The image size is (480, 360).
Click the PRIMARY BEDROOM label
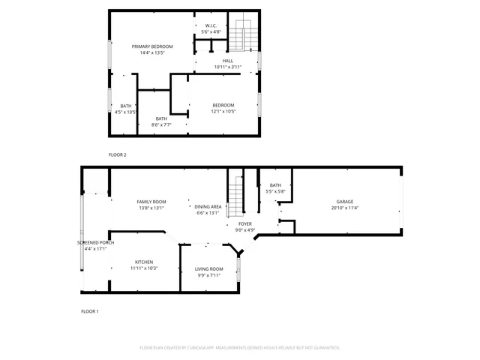point(147,46)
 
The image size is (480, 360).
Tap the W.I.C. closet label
point(211,25)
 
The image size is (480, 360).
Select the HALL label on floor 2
point(227,61)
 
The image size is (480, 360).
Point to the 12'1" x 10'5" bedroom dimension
point(223,112)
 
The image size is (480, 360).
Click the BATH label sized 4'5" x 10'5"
point(125,106)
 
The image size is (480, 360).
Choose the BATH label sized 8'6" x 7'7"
point(161,118)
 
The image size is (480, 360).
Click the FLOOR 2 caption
point(118,154)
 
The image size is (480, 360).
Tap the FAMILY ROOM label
point(151,202)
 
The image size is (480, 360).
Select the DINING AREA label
point(208,206)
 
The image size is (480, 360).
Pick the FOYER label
point(245,223)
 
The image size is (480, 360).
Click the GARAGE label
point(344,202)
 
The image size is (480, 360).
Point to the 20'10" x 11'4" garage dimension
point(344,208)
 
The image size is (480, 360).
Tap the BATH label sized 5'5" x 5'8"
point(275,185)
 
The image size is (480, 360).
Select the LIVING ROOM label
point(209,268)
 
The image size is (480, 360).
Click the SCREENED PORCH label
point(94,243)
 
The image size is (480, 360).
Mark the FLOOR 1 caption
point(90,310)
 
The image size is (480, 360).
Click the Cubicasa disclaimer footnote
point(240,348)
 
